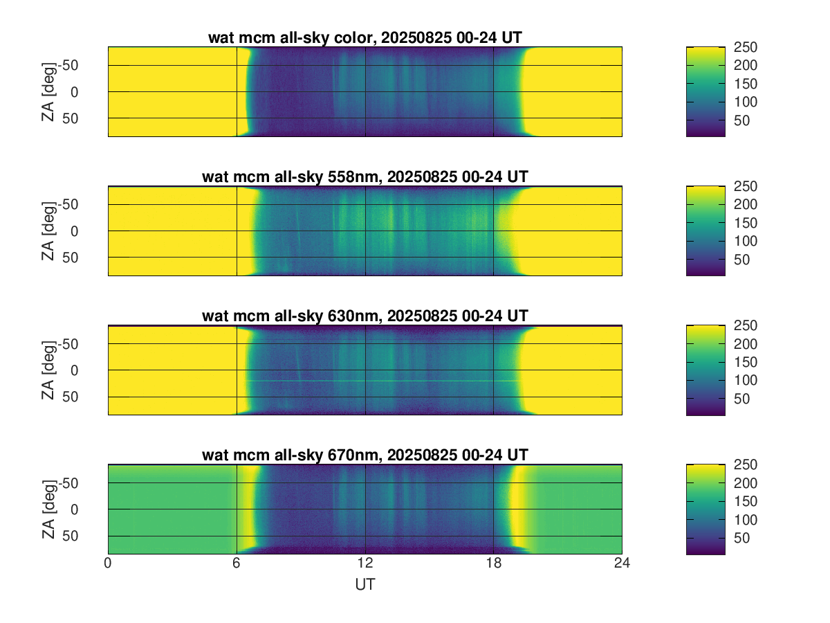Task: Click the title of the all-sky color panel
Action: pos(365,38)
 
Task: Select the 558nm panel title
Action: pos(365,177)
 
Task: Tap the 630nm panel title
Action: pos(365,316)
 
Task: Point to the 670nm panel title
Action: pos(365,455)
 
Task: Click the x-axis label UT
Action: pos(365,585)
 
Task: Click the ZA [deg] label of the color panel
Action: pos(48,91)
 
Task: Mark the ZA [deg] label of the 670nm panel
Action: pos(48,509)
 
